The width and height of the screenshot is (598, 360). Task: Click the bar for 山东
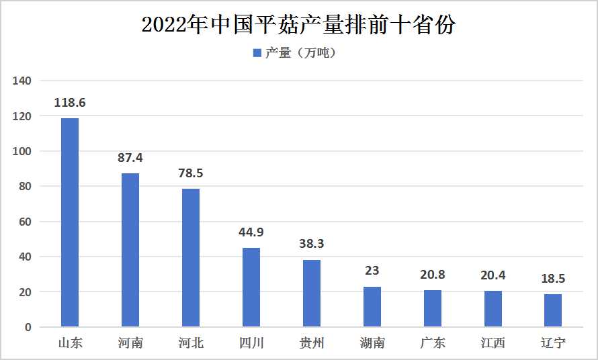pos(70,222)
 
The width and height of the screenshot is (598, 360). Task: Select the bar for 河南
pos(130,250)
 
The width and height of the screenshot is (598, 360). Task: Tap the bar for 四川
pos(251,287)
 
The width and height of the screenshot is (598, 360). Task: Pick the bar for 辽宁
pos(553,310)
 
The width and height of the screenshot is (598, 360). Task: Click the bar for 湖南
pos(372,307)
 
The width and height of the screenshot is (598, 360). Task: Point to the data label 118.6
pos(70,103)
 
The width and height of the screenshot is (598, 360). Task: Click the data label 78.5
pos(191,173)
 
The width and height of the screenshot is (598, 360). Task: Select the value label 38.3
pos(312,244)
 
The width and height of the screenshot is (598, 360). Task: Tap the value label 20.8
pos(433,275)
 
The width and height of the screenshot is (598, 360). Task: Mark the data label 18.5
pos(553,279)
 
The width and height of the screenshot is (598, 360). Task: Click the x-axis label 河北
pos(191,343)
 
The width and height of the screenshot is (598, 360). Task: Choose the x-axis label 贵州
pos(312,343)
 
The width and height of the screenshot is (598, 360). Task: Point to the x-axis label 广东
pos(433,343)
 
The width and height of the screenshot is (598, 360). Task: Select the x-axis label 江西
pos(493,343)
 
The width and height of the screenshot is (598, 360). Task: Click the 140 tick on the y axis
pos(23,81)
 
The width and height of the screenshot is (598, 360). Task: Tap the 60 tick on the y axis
pos(26,222)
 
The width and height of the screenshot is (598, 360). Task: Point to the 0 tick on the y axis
pos(28,327)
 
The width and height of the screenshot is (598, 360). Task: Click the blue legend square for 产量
pos(257,53)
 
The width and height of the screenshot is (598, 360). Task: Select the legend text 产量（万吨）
pos(300,53)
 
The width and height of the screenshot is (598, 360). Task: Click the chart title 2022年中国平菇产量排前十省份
pos(299,25)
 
